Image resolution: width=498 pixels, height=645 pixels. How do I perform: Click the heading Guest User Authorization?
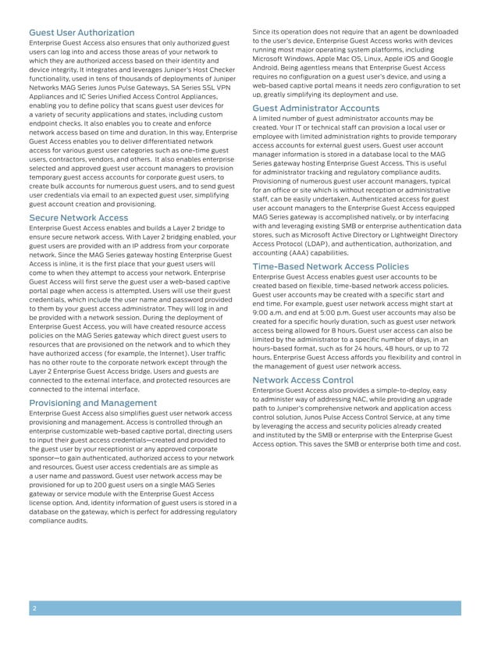(x=81, y=32)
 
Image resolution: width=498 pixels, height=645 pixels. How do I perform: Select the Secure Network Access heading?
(x=78, y=217)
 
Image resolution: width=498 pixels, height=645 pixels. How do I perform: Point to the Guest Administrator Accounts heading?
(x=316, y=108)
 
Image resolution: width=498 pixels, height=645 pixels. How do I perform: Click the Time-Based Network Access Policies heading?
(x=330, y=266)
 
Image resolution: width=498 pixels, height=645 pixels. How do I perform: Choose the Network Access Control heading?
(x=303, y=380)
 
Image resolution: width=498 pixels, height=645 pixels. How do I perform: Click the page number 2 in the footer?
(x=34, y=608)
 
